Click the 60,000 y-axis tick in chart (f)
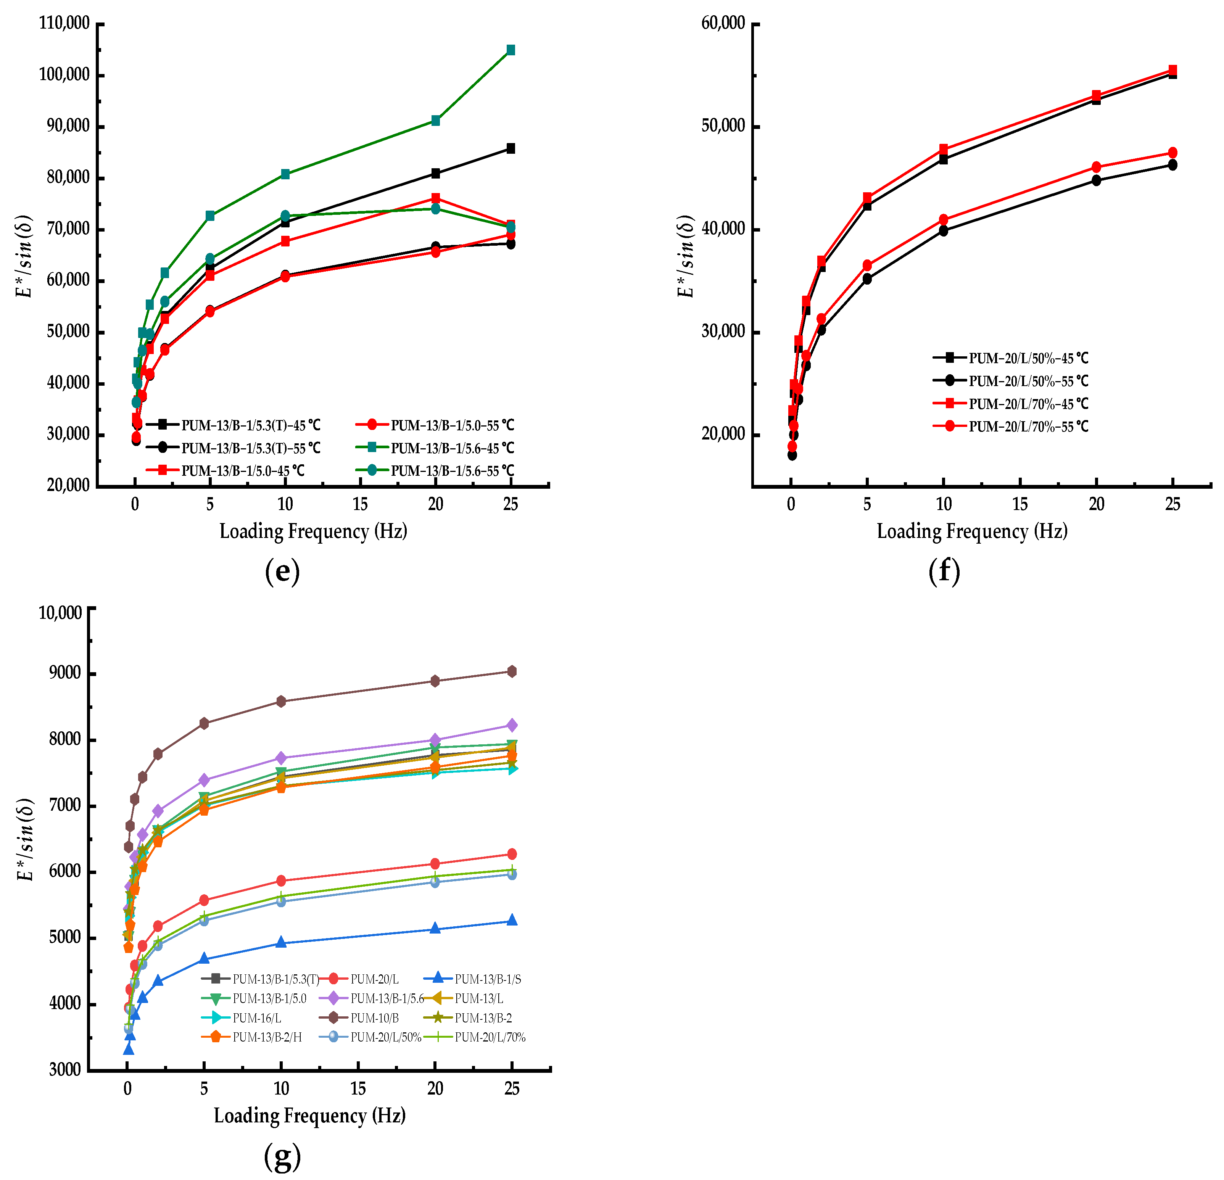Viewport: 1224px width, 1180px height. coord(723,24)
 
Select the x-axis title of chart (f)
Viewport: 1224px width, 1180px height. coord(972,531)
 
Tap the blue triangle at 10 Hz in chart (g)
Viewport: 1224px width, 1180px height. coord(281,942)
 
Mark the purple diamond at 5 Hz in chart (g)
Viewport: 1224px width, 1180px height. coord(204,780)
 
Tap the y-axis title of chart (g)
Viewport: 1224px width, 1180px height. coord(25,840)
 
